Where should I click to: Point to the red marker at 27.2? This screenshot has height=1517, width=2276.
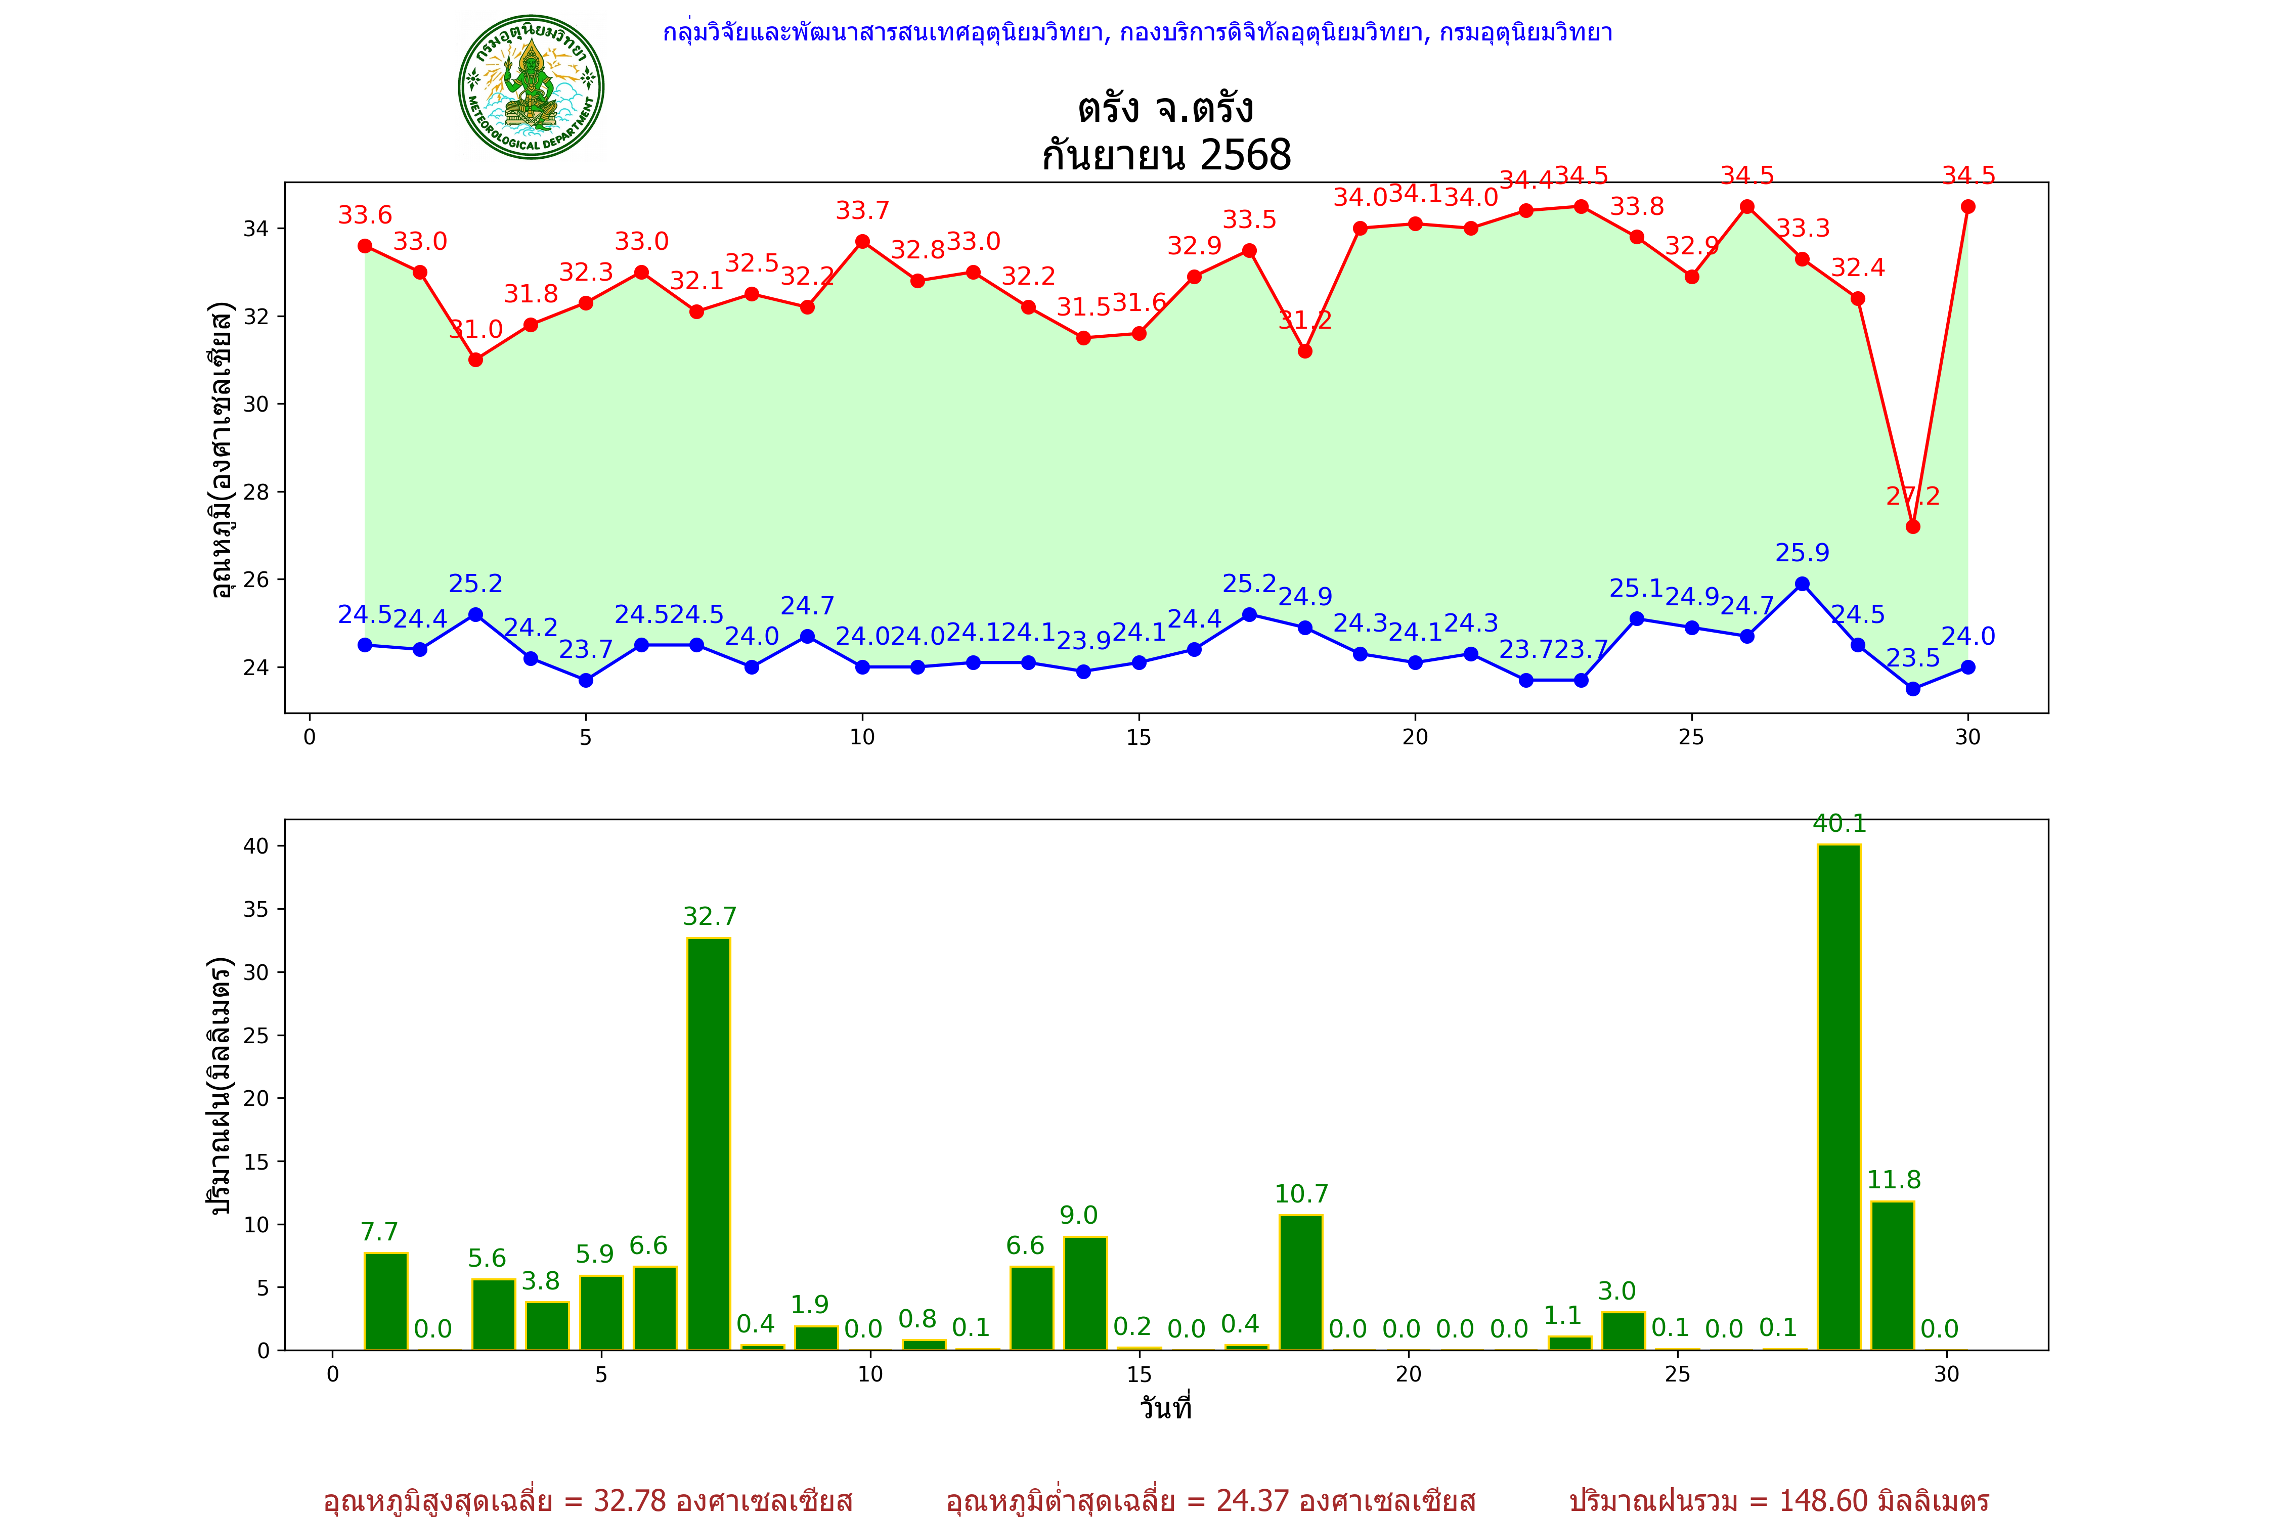point(1912,526)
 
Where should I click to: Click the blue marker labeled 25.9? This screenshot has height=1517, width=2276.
point(1802,584)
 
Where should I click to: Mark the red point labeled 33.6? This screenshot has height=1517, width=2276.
point(365,246)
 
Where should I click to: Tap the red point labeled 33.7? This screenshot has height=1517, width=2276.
point(862,241)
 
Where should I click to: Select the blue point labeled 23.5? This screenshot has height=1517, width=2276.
point(1912,689)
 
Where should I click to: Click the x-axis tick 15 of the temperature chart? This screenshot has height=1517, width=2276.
point(1139,737)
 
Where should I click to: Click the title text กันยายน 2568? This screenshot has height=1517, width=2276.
point(1166,155)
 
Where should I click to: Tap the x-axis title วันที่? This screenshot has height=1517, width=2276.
point(1166,1408)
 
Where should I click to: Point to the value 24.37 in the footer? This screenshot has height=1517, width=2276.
point(1253,1500)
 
